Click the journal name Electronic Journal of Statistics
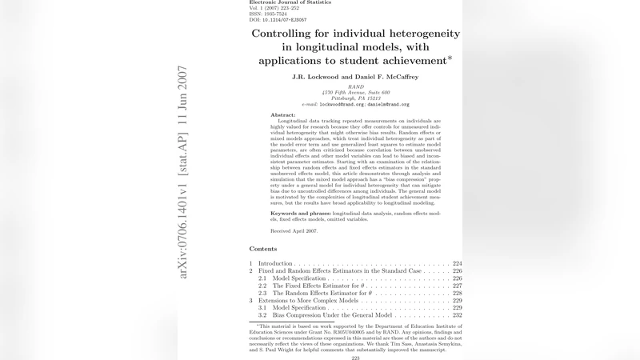click(x=290, y=2)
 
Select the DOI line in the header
click(x=278, y=19)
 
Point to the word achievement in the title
click(x=406, y=61)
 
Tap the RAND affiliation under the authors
click(x=355, y=86)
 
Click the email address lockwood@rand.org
click(x=342, y=105)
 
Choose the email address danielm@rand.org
click(x=389, y=105)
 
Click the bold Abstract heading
click(x=283, y=115)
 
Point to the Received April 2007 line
click(x=294, y=231)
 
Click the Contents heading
click(x=263, y=250)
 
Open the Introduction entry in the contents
click(x=275, y=263)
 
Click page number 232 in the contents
click(x=457, y=315)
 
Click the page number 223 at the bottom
click(x=355, y=358)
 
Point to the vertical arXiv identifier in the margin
click(x=183, y=172)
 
